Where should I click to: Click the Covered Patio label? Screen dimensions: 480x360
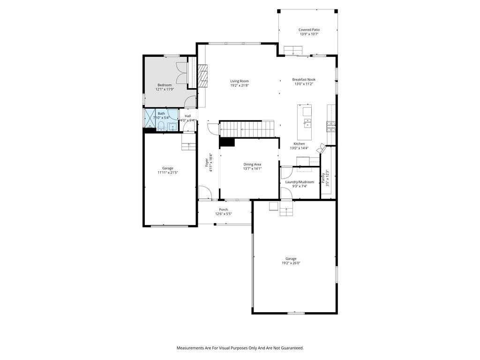[309, 30]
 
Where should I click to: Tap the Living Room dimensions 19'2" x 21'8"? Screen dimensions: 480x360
[240, 85]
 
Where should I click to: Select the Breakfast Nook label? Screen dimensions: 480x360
[304, 79]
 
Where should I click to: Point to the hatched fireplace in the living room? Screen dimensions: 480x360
[202, 76]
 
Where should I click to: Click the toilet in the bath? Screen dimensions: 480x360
[160, 126]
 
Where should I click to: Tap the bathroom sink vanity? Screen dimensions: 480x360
[172, 127]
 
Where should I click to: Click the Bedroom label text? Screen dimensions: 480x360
[165, 85]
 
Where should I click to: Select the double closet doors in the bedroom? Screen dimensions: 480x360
[181, 72]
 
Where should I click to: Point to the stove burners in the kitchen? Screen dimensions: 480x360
[331, 127]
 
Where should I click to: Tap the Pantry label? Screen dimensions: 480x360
[322, 178]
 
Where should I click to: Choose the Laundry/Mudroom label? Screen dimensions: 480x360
[300, 182]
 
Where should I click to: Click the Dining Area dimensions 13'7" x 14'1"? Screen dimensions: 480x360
[252, 168]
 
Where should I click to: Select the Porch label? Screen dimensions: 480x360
[224, 210]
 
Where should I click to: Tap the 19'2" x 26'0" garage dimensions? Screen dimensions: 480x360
[291, 263]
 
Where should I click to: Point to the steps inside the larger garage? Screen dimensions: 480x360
[286, 208]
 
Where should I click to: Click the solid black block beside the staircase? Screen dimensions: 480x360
[227, 142]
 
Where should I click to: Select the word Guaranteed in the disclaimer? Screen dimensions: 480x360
[293, 348]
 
